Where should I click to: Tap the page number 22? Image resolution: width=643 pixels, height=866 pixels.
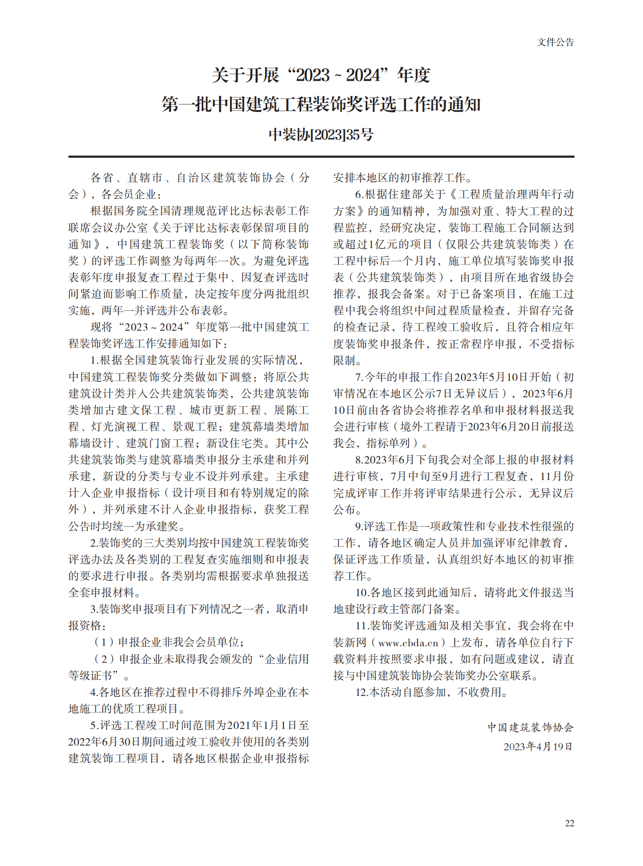(569, 823)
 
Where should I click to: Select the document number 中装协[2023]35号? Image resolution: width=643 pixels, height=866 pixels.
(321, 135)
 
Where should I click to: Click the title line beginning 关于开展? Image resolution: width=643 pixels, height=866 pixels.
(321, 75)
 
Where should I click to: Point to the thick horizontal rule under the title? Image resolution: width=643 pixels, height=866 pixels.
(321, 156)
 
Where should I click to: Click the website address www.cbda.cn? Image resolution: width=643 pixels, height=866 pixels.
(409, 643)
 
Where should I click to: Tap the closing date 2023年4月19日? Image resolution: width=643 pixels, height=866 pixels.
(538, 747)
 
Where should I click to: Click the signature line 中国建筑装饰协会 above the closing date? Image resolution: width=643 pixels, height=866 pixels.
(531, 728)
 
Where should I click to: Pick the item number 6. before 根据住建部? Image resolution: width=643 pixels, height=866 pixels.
(359, 194)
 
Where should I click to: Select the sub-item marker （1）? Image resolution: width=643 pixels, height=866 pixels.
(103, 643)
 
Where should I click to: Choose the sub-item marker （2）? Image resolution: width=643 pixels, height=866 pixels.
(103, 659)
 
